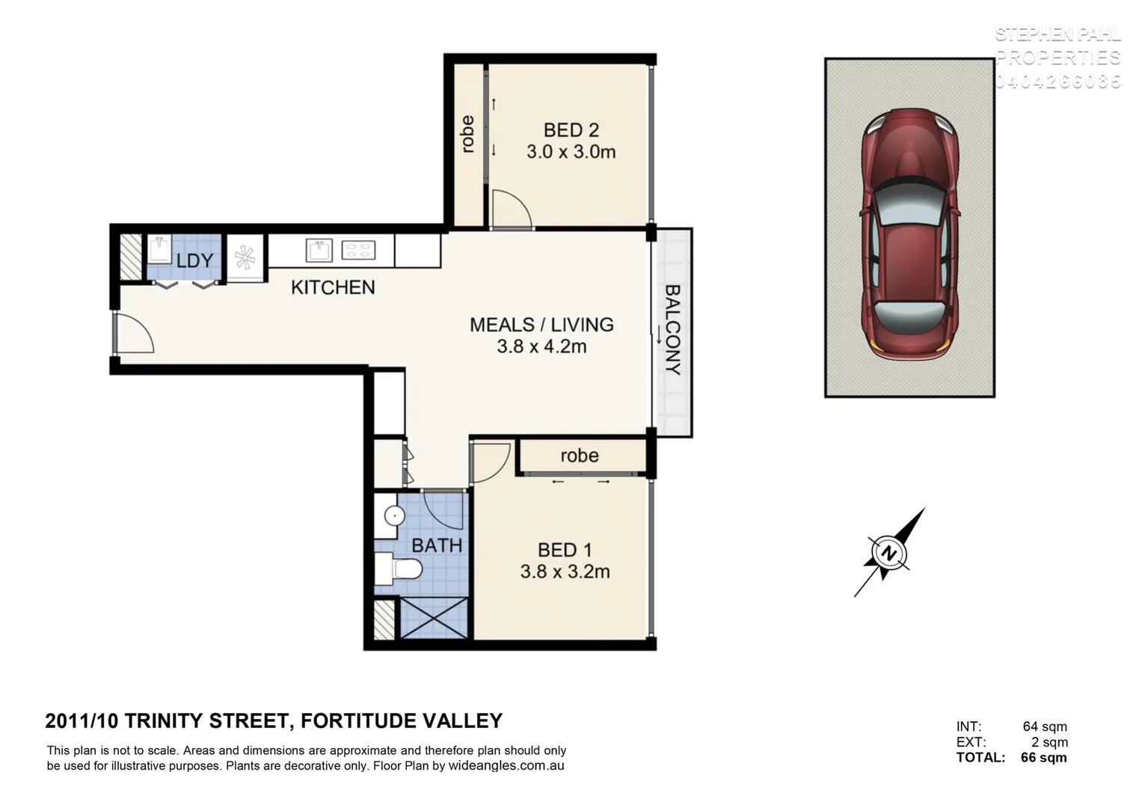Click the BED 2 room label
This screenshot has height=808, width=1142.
pyautogui.click(x=571, y=130)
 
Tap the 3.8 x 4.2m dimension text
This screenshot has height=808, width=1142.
pyautogui.click(x=541, y=346)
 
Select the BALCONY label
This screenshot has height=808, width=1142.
pyautogui.click(x=672, y=330)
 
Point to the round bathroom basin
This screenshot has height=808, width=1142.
pyautogui.click(x=394, y=515)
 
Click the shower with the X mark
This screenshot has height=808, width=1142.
pyautogui.click(x=434, y=617)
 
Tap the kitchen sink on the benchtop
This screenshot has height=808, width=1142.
pyautogui.click(x=319, y=250)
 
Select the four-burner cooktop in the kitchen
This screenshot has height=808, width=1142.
pyautogui.click(x=358, y=250)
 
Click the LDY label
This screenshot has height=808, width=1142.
pyautogui.click(x=194, y=260)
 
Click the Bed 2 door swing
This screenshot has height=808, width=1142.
pyautogui.click(x=511, y=209)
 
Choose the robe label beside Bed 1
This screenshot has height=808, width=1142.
pyautogui.click(x=580, y=456)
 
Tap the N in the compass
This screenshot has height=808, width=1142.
pyautogui.click(x=888, y=554)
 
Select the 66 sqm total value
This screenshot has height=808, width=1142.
pyautogui.click(x=1043, y=757)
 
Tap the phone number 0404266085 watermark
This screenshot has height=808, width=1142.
pyautogui.click(x=1057, y=82)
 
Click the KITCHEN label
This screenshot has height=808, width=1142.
pyautogui.click(x=333, y=287)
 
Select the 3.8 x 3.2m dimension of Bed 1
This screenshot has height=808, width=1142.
pyautogui.click(x=565, y=572)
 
